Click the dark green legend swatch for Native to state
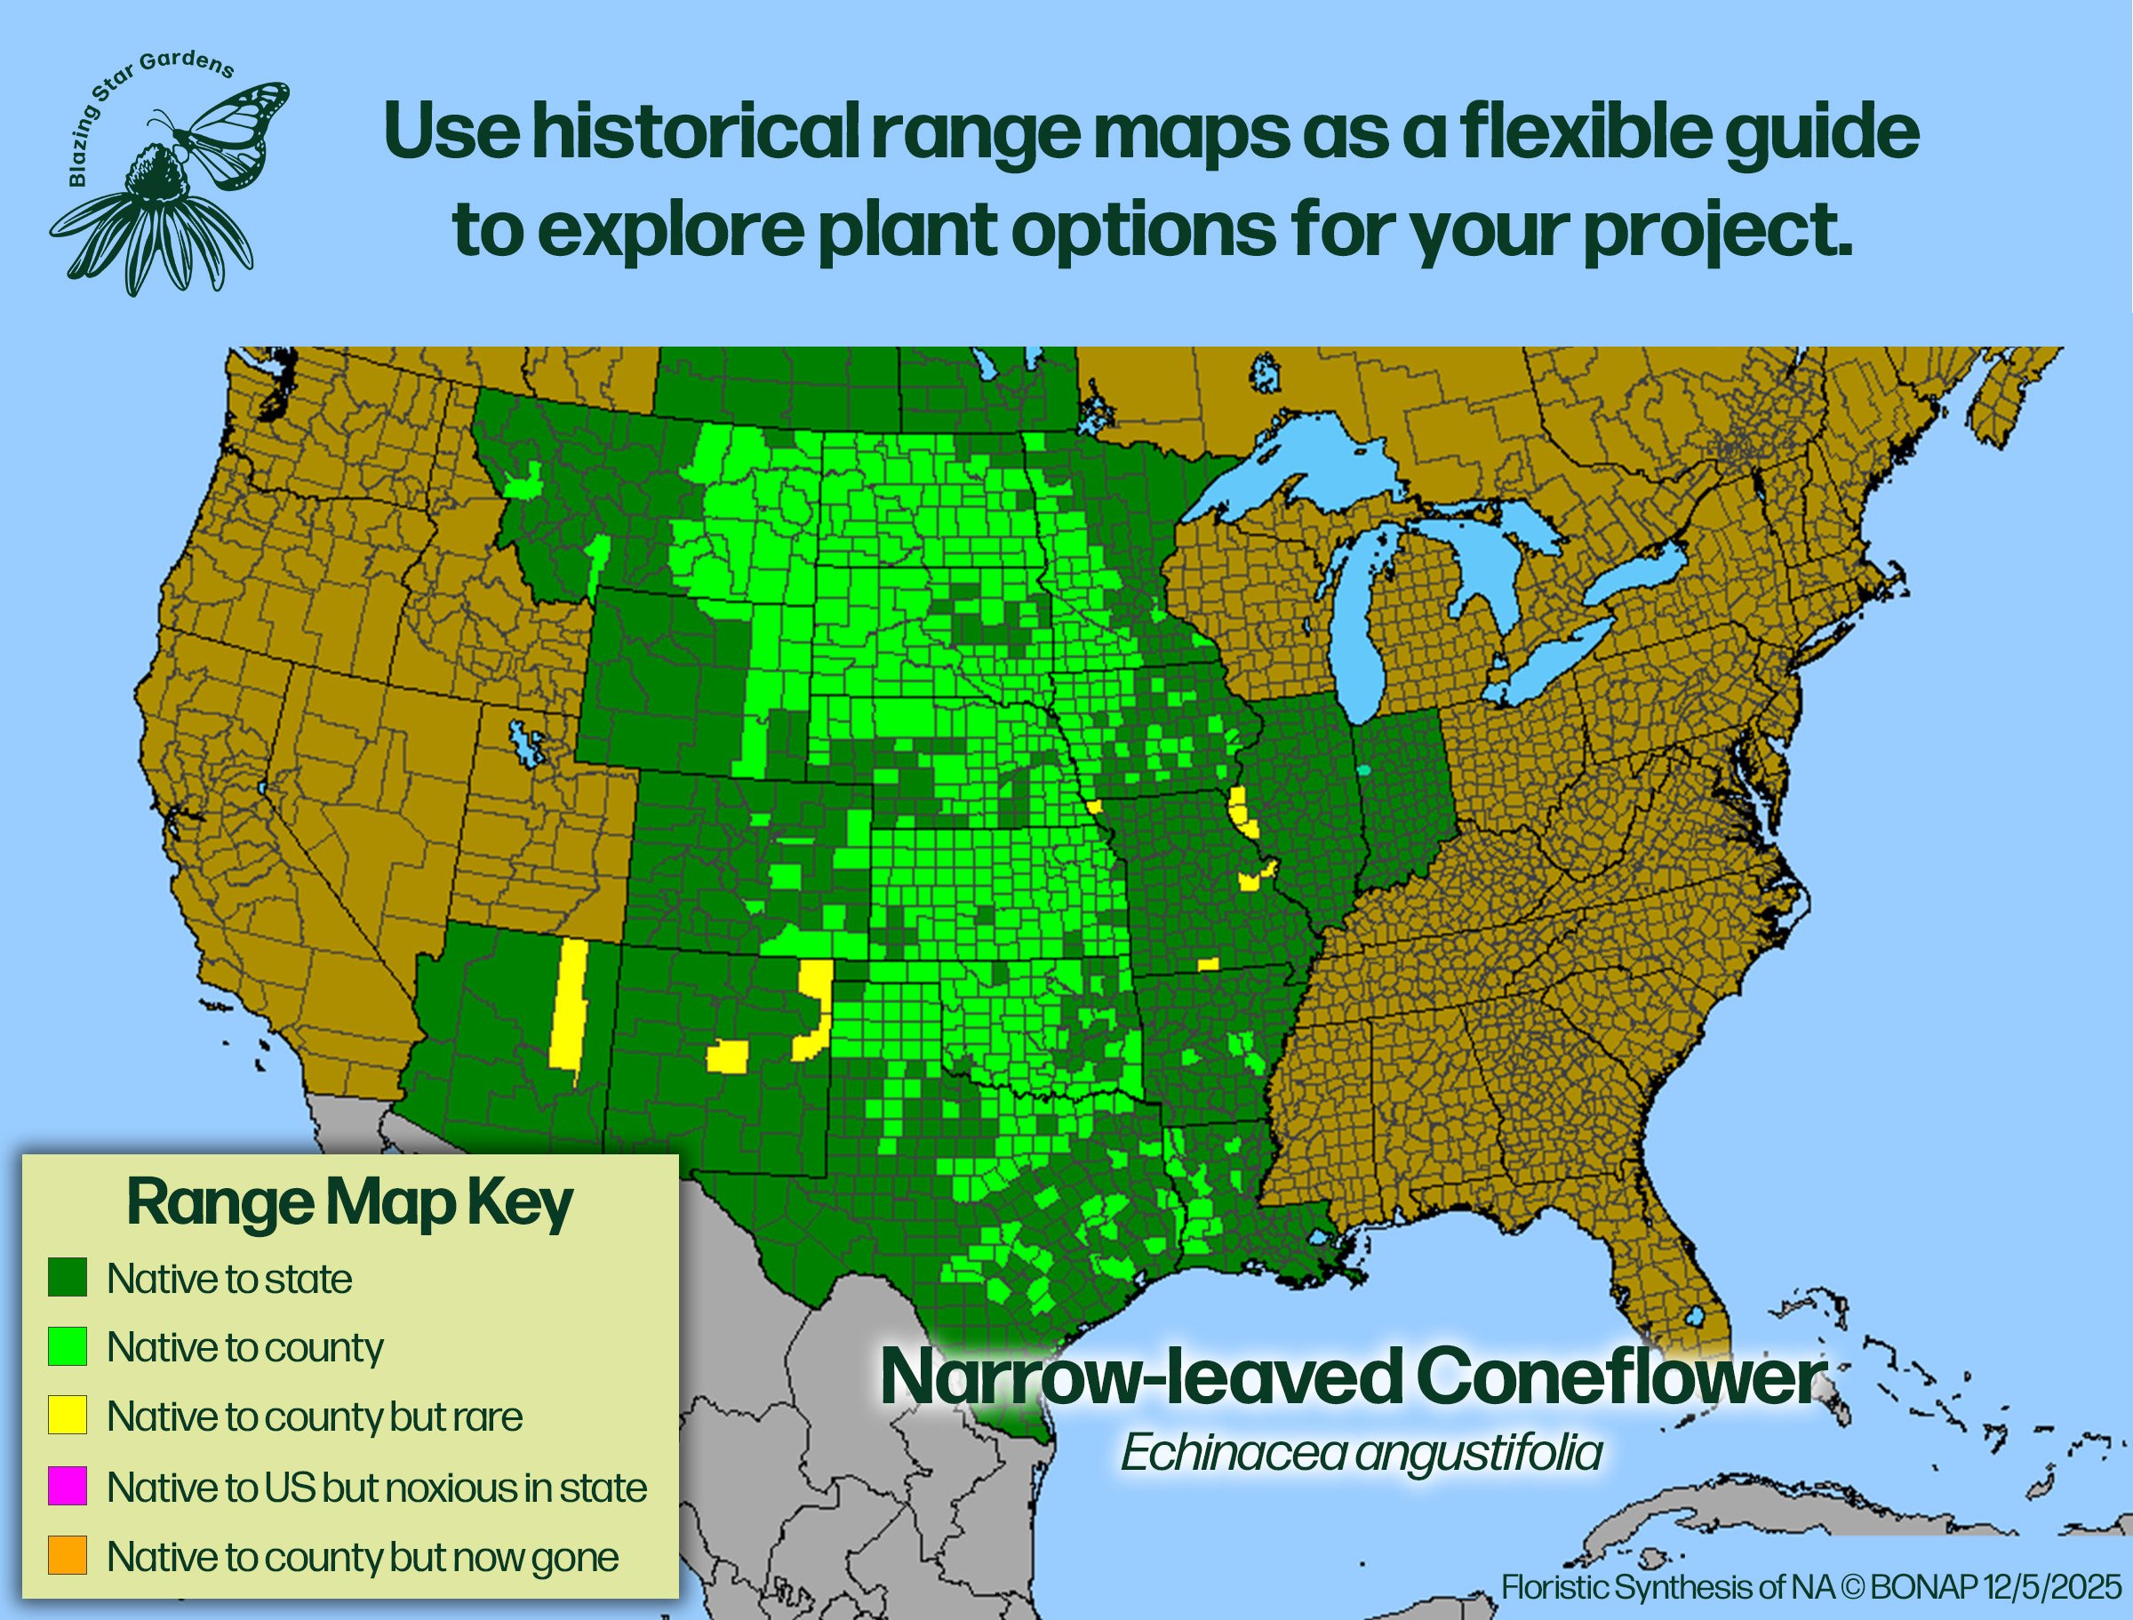pyautogui.click(x=68, y=1277)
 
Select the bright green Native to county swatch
pyautogui.click(x=68, y=1346)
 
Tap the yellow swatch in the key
pyautogui.click(x=68, y=1416)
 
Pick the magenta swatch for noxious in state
pyautogui.click(x=68, y=1486)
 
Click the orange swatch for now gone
pyautogui.click(x=68, y=1555)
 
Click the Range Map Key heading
pyautogui.click(x=350, y=1203)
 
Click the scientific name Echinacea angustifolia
pyautogui.click(x=1361, y=1453)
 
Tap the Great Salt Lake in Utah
pyautogui.click(x=526, y=743)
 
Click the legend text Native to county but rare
pyautogui.click(x=316, y=1417)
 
